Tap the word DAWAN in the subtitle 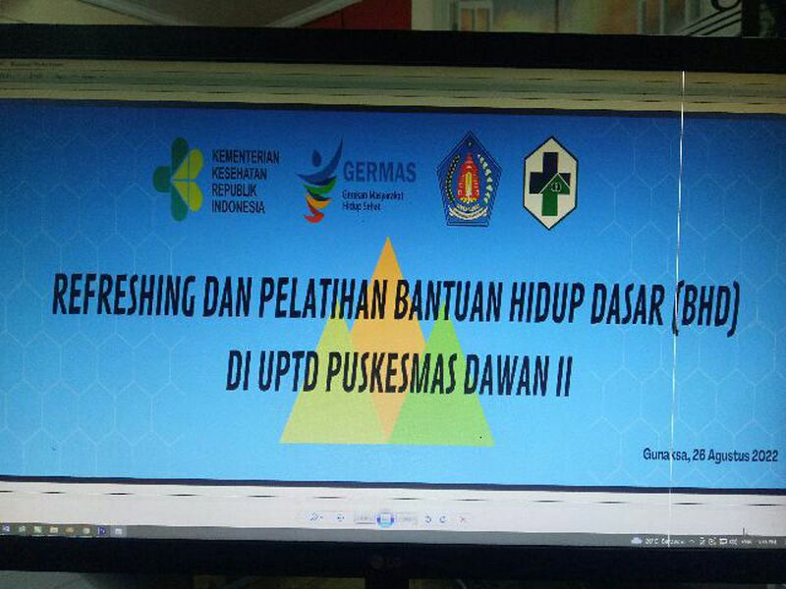click(x=510, y=377)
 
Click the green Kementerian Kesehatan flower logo click(x=178, y=179)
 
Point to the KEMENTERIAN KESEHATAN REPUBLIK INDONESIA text click(x=245, y=182)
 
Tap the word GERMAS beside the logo click(x=378, y=172)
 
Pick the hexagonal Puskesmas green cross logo click(x=550, y=183)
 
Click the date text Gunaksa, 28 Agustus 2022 click(x=709, y=455)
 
